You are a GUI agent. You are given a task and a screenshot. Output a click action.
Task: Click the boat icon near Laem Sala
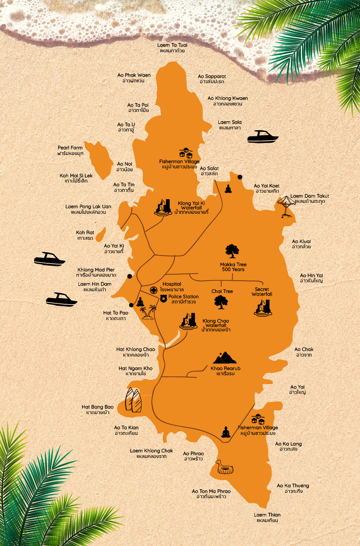coord(263,137)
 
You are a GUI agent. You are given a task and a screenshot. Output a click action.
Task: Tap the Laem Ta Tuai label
coord(172,48)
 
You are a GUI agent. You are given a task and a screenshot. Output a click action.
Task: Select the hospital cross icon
coord(153,290)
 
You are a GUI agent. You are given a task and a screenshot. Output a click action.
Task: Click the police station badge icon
coord(163,299)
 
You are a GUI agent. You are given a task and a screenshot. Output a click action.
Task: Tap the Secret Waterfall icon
coord(262,307)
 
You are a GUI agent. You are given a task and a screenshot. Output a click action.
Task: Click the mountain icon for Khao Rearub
coord(224,358)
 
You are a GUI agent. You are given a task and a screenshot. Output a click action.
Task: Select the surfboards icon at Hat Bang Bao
coord(134,400)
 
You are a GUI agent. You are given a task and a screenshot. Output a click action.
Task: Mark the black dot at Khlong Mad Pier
coord(129,276)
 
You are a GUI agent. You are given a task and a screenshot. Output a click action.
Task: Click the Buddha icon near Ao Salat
coord(228,189)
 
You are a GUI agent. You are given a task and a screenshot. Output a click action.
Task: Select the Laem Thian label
coord(267,517)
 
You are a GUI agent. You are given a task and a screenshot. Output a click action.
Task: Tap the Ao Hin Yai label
coord(311,278)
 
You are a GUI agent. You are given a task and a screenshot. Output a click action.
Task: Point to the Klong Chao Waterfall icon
coord(189,321)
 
